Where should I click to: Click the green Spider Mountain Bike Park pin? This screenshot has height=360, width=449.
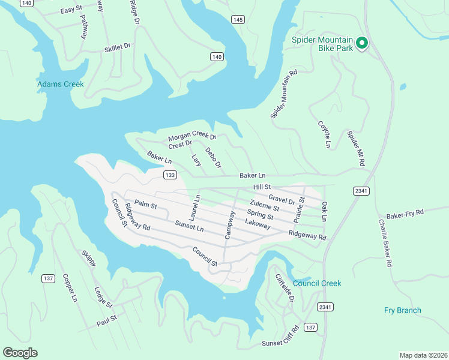click(x=362, y=43)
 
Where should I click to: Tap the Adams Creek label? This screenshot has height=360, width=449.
click(x=61, y=84)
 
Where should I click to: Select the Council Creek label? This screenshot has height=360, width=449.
click(x=317, y=283)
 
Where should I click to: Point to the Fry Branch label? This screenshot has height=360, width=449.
click(x=402, y=310)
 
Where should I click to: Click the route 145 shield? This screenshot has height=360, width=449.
click(x=238, y=20)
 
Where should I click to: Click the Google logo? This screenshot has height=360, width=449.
click(x=20, y=353)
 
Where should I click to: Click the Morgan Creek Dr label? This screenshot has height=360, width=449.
click(x=191, y=137)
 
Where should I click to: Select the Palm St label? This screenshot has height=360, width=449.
click(x=145, y=205)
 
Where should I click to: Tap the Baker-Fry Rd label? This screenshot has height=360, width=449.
click(x=405, y=213)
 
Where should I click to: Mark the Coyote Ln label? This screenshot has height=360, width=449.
click(x=324, y=134)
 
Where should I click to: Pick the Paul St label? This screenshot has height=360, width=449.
click(x=106, y=323)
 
